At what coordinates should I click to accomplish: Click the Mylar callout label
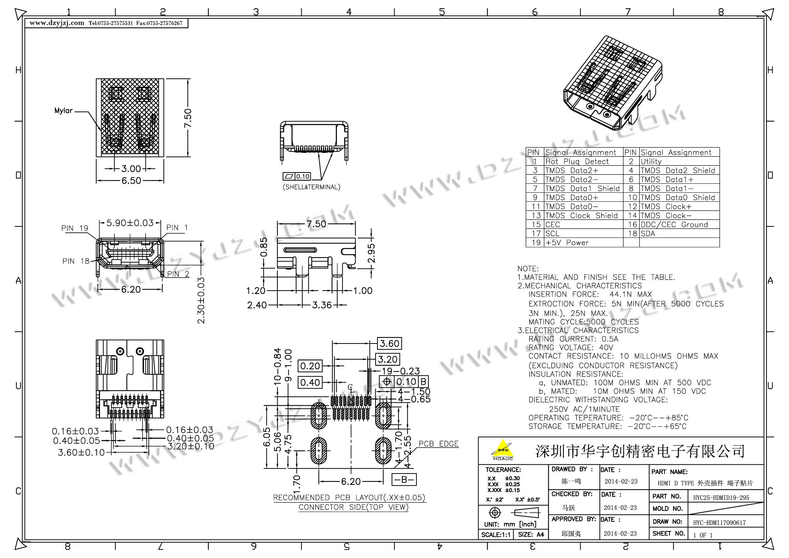point(63,111)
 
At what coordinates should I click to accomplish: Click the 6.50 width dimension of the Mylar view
point(131,181)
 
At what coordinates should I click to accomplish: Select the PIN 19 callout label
point(75,228)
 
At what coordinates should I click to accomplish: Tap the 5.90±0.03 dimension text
point(130,223)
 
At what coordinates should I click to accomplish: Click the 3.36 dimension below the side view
point(322,305)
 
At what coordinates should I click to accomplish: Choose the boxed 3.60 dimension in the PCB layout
point(389,343)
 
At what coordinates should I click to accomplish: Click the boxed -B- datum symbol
point(404,480)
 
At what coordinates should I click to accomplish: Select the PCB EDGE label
point(439,444)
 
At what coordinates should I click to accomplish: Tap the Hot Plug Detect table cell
point(577,162)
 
